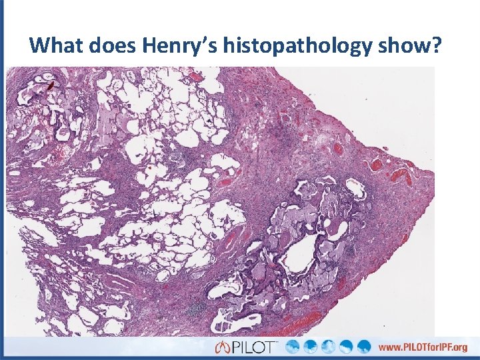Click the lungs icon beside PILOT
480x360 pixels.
click(222, 347)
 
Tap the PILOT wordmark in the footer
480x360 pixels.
click(255, 347)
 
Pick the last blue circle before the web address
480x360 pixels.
click(364, 347)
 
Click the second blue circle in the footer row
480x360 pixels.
click(313, 347)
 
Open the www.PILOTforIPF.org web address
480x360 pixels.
click(423, 347)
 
